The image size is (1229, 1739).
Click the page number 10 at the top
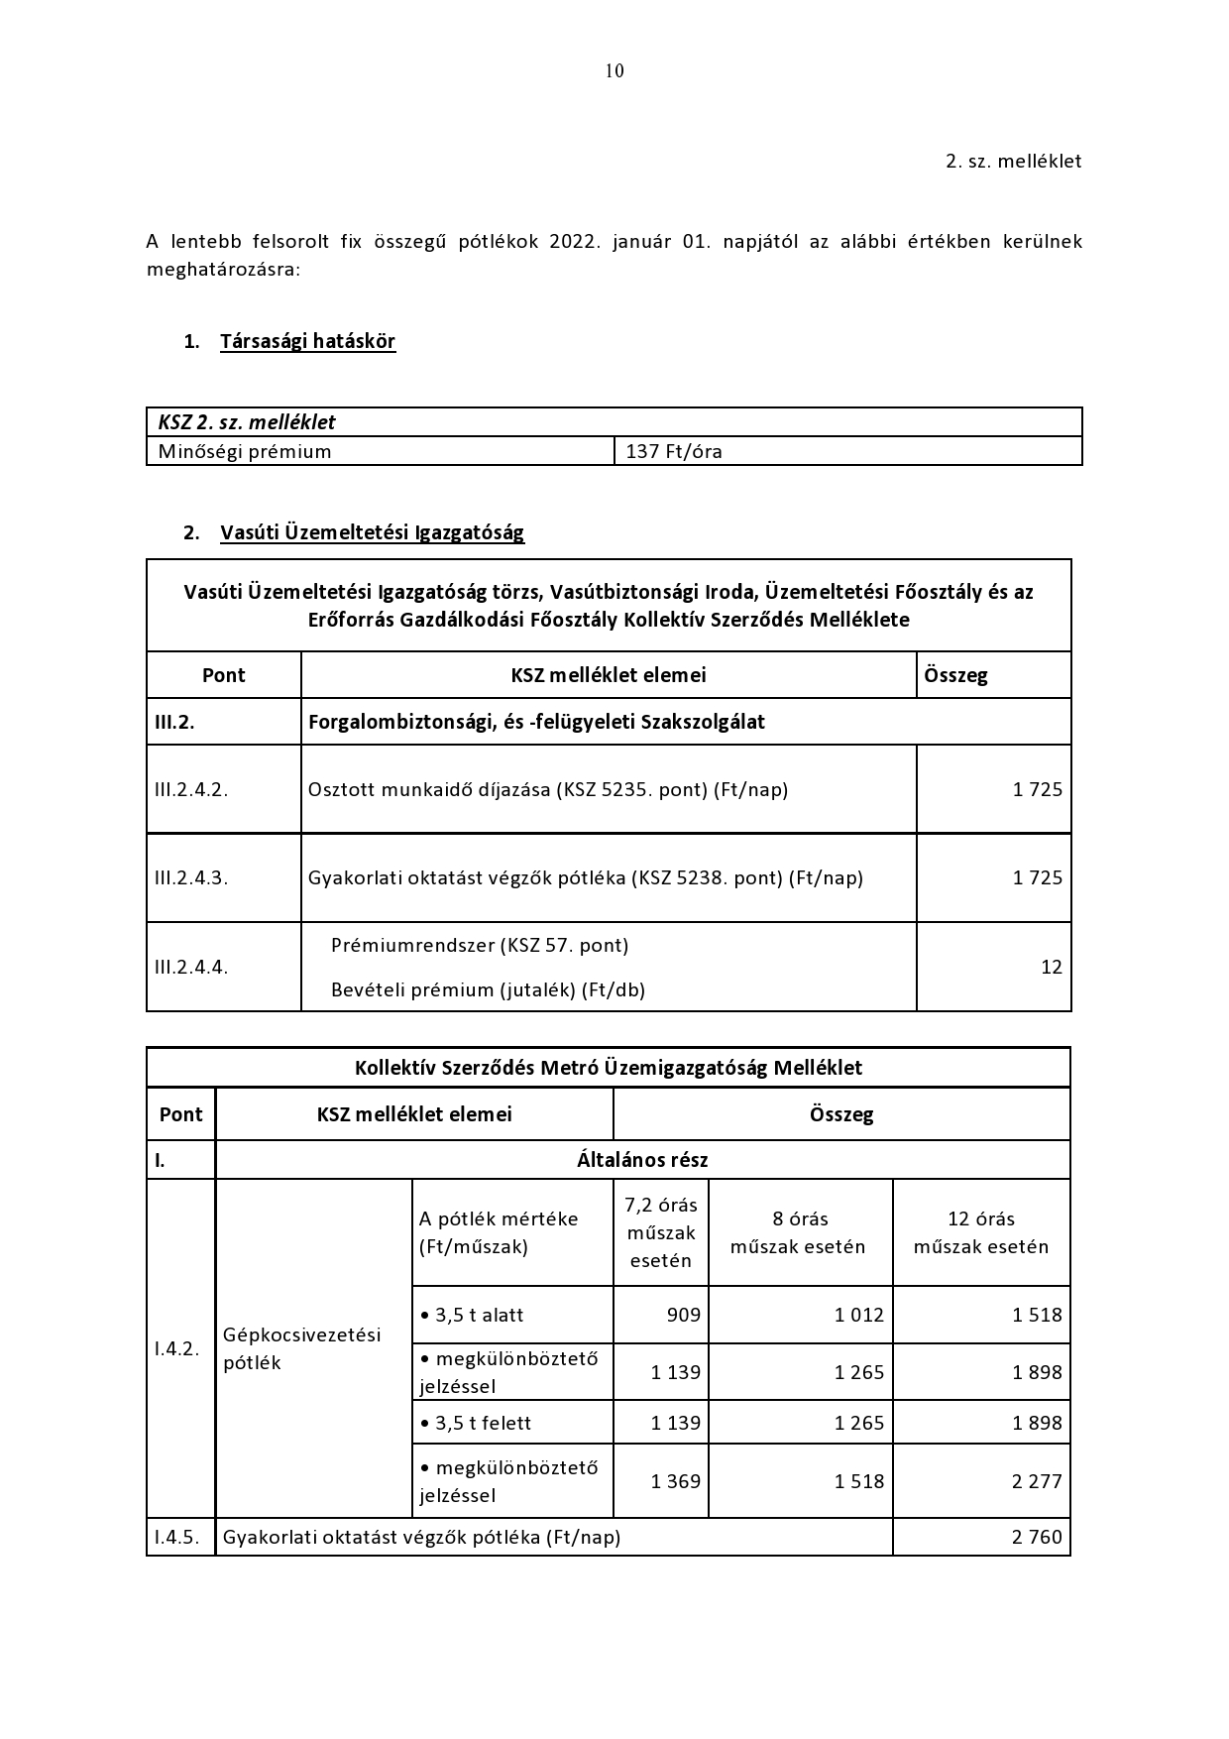[x=614, y=70]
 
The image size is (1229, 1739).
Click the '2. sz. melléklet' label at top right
[x=1013, y=161]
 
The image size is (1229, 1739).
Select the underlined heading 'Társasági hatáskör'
[x=307, y=341]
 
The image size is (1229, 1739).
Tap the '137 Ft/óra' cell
[x=674, y=452]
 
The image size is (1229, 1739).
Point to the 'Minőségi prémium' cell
[x=245, y=452]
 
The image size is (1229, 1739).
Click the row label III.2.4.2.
[x=191, y=790]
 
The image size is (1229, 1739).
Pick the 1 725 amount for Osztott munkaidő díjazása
[x=1037, y=790]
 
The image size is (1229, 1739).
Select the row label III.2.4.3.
[x=191, y=877]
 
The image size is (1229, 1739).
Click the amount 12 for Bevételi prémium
[x=1051, y=967]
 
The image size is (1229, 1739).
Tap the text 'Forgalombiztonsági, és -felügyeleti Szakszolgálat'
[x=536, y=722]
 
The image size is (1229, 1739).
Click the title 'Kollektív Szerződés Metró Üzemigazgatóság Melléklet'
[x=609, y=1068]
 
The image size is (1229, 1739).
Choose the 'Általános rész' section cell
[x=642, y=1160]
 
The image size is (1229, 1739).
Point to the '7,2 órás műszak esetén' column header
[x=661, y=1232]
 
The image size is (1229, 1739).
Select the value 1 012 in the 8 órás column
[x=858, y=1316]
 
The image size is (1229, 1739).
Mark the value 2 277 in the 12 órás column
[x=1037, y=1481]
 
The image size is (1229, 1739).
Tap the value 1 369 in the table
[x=675, y=1481]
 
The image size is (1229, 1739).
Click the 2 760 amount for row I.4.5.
[x=1037, y=1538]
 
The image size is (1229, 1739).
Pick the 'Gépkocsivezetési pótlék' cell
[x=301, y=1348]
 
